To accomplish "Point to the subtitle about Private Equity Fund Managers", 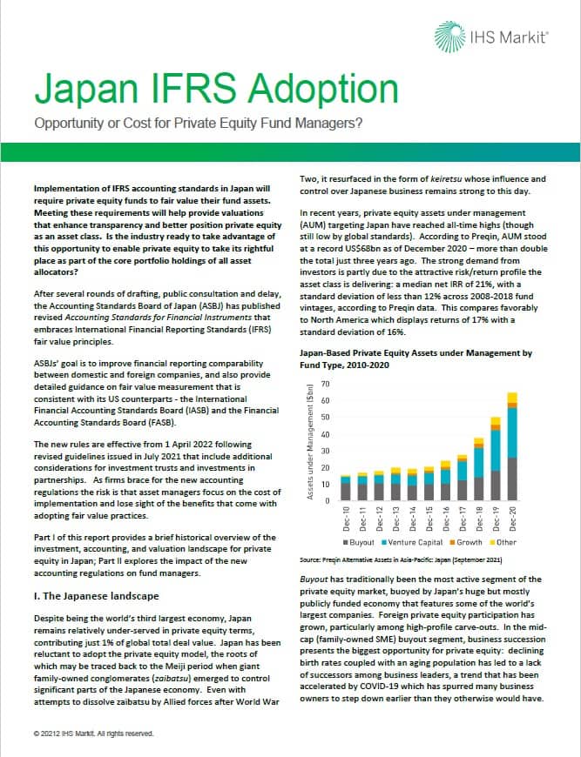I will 199,123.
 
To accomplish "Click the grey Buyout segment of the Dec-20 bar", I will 511,479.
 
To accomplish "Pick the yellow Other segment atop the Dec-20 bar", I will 511,398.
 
